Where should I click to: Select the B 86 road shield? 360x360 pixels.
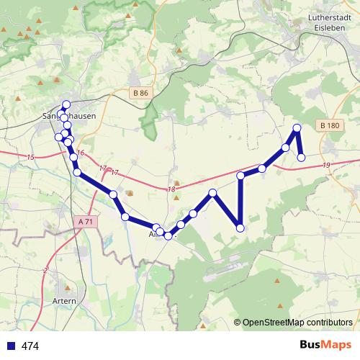pyautogui.click(x=140, y=93)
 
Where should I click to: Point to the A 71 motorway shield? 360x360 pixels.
pyautogui.click(x=85, y=222)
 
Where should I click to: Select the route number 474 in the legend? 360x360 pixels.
pyautogui.click(x=30, y=346)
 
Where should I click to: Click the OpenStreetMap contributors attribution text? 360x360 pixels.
pyautogui.click(x=297, y=323)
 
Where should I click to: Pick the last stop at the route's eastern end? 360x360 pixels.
pyautogui.click(x=302, y=157)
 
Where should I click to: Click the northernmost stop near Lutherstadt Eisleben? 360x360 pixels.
pyautogui.click(x=296, y=128)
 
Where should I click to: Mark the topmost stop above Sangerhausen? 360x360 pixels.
pyautogui.click(x=66, y=104)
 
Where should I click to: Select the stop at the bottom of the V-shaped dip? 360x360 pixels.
pyautogui.click(x=240, y=228)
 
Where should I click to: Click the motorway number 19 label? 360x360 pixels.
pyautogui.click(x=328, y=166)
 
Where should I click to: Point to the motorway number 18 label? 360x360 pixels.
pyautogui.click(x=171, y=189)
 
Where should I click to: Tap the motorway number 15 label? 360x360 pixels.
pyautogui.click(x=30, y=157)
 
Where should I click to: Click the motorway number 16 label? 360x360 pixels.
pyautogui.click(x=81, y=153)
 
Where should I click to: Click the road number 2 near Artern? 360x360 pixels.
pyautogui.click(x=45, y=270)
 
